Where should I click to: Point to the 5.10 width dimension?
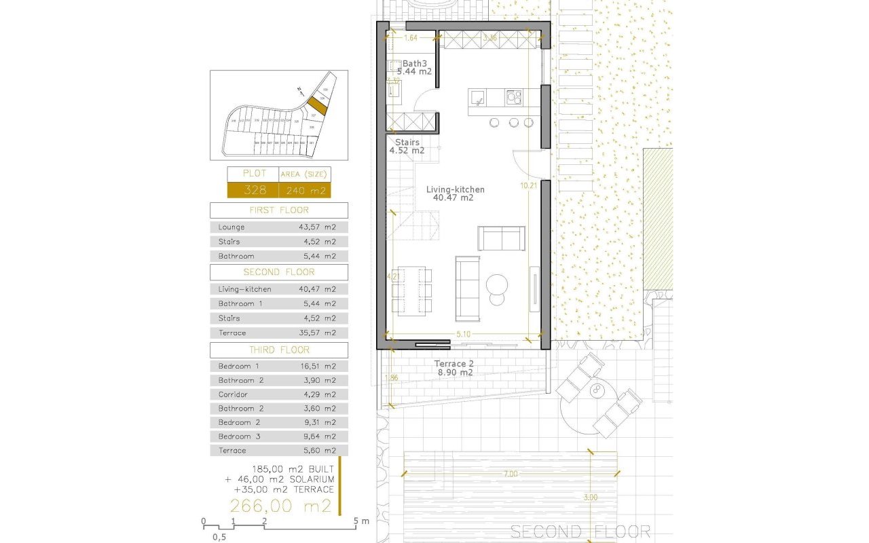click(x=464, y=334)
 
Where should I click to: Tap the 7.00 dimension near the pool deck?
click(x=511, y=474)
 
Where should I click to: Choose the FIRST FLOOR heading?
click(x=278, y=210)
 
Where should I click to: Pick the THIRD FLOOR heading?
click(x=278, y=350)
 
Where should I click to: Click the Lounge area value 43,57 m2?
click(x=317, y=227)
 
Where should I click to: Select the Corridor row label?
click(x=233, y=394)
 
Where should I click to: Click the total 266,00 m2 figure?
click(x=280, y=506)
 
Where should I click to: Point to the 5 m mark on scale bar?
click(x=357, y=521)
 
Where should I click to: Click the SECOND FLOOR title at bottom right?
click(x=580, y=531)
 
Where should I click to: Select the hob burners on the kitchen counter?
click(x=514, y=98)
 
